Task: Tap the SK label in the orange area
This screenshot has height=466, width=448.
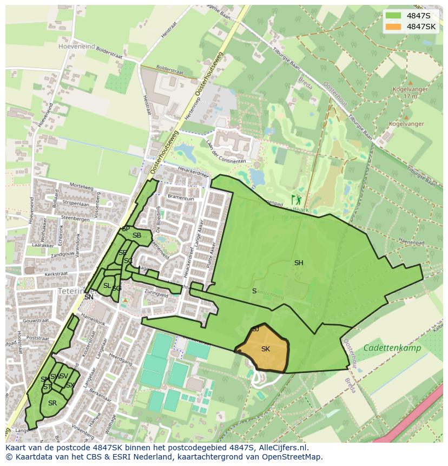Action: (x=265, y=349)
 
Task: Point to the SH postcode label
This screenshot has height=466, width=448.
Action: (x=299, y=263)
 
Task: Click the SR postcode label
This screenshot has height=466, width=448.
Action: (x=52, y=403)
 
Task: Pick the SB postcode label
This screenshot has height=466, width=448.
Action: (x=136, y=235)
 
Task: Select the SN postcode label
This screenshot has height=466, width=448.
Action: (x=89, y=297)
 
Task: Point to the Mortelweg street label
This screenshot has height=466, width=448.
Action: (x=81, y=186)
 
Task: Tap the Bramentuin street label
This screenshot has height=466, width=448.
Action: (x=181, y=199)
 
